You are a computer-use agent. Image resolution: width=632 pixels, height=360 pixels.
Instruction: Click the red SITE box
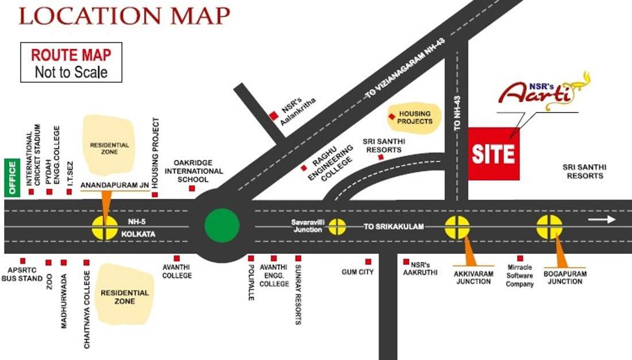494,154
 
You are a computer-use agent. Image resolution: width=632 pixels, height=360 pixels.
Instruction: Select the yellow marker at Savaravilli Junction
337,227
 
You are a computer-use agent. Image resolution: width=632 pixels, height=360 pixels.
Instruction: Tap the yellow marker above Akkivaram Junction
458,227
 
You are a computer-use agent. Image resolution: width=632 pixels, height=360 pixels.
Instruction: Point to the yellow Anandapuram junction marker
105,227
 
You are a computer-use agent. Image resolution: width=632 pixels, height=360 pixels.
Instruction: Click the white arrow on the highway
601,219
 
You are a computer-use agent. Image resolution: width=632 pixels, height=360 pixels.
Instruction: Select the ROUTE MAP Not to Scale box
71,63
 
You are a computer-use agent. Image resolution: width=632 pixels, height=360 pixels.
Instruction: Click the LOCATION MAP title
124,16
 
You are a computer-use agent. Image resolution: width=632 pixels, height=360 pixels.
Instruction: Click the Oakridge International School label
194,171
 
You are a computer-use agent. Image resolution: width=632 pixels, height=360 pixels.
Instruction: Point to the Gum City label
357,272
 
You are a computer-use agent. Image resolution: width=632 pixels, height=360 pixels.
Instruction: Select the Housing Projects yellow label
414,117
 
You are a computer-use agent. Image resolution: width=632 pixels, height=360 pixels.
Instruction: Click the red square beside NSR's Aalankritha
273,116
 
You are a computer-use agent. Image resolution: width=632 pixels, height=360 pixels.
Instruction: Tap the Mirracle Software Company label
520,276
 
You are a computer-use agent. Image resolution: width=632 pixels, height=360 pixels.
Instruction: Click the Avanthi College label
177,271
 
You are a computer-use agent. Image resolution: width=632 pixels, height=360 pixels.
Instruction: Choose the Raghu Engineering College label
330,163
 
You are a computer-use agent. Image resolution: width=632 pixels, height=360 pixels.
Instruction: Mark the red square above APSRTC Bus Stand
23,261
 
